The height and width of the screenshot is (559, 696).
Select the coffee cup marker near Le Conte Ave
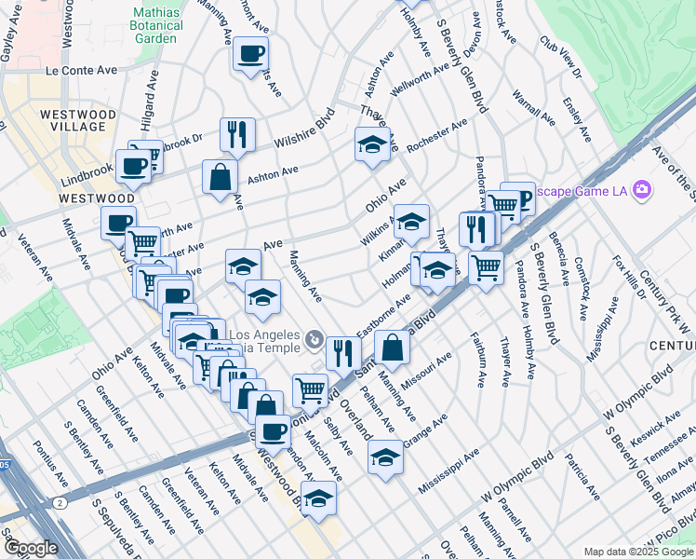249,54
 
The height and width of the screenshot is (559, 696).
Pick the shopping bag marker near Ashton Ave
220,176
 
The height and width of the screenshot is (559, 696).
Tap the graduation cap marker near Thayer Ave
372,144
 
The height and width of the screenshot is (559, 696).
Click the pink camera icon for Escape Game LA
641,190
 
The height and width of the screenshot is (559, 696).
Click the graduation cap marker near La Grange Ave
385,457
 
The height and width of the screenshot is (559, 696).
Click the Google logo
31,549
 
